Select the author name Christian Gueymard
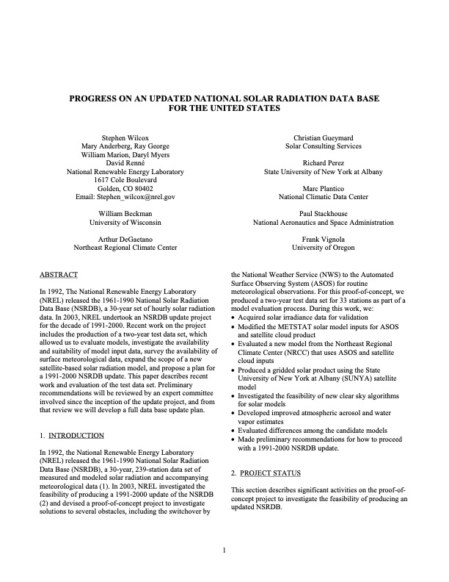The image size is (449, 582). tap(323, 137)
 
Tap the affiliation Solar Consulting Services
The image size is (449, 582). tap(323, 147)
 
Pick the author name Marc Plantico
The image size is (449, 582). tap(323, 187)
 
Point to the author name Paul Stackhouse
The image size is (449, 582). tap(323, 212)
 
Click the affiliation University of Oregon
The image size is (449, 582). tap(323, 248)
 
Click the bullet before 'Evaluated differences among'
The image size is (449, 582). tap(234, 430)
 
